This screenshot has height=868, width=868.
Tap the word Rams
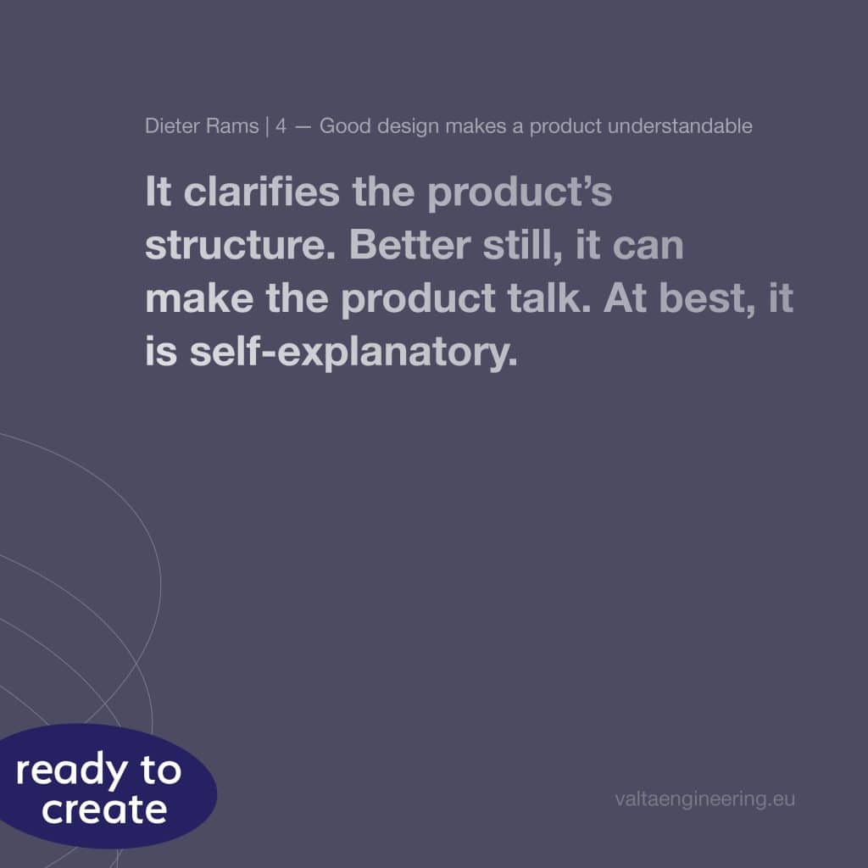coord(232,126)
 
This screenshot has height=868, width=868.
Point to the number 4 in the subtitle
coord(281,126)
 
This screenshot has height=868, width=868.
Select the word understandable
coord(680,126)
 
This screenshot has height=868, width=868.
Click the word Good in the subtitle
coord(345,126)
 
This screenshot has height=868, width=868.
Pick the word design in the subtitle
coord(409,127)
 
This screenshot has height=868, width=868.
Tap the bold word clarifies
coord(261,192)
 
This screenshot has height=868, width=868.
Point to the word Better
coord(409,245)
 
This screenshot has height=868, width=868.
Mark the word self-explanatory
coord(353,352)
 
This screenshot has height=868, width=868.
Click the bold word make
coord(199,298)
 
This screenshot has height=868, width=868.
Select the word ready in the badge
coord(71,771)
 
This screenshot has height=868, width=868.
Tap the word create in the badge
coord(104,810)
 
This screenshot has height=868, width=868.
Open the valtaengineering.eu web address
coord(704,799)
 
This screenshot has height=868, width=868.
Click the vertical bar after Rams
coord(267,127)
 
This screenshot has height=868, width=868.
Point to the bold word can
coord(648,247)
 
